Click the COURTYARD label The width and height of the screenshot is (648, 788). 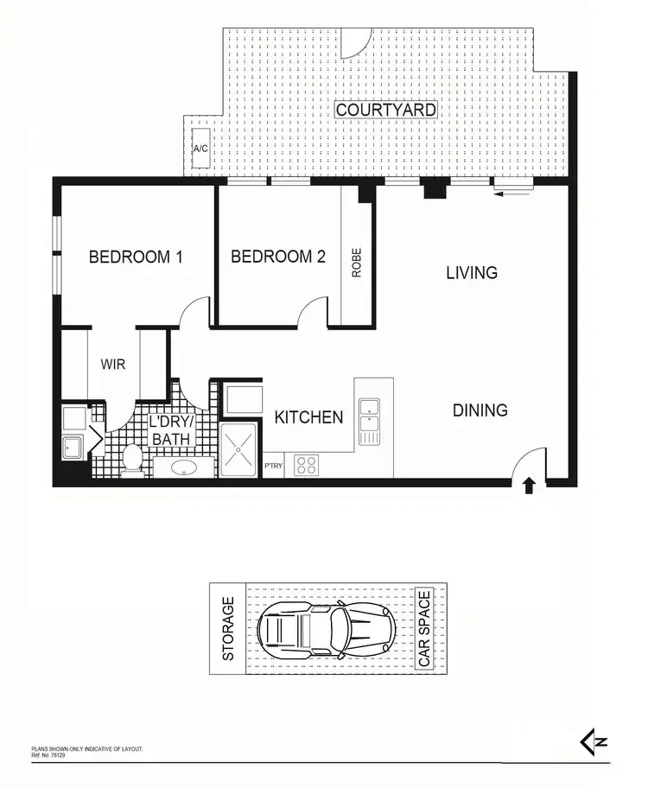point(385,111)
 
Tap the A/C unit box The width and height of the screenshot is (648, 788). point(200,149)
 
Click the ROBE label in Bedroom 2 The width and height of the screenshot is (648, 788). point(356,263)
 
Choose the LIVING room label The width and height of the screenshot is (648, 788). point(472,273)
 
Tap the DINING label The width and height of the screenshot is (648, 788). point(480,410)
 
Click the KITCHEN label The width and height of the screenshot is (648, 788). point(308,417)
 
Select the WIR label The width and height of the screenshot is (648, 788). point(113,365)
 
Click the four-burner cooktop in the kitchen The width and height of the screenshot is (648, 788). point(307,465)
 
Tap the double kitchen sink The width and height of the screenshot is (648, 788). point(369,421)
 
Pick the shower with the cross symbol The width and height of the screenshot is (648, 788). point(238,449)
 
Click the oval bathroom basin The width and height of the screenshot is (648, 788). point(184,467)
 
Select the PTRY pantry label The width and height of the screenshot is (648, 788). point(273,467)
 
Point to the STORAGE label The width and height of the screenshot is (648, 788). point(229,629)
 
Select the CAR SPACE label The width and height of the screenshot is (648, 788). point(424,629)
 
